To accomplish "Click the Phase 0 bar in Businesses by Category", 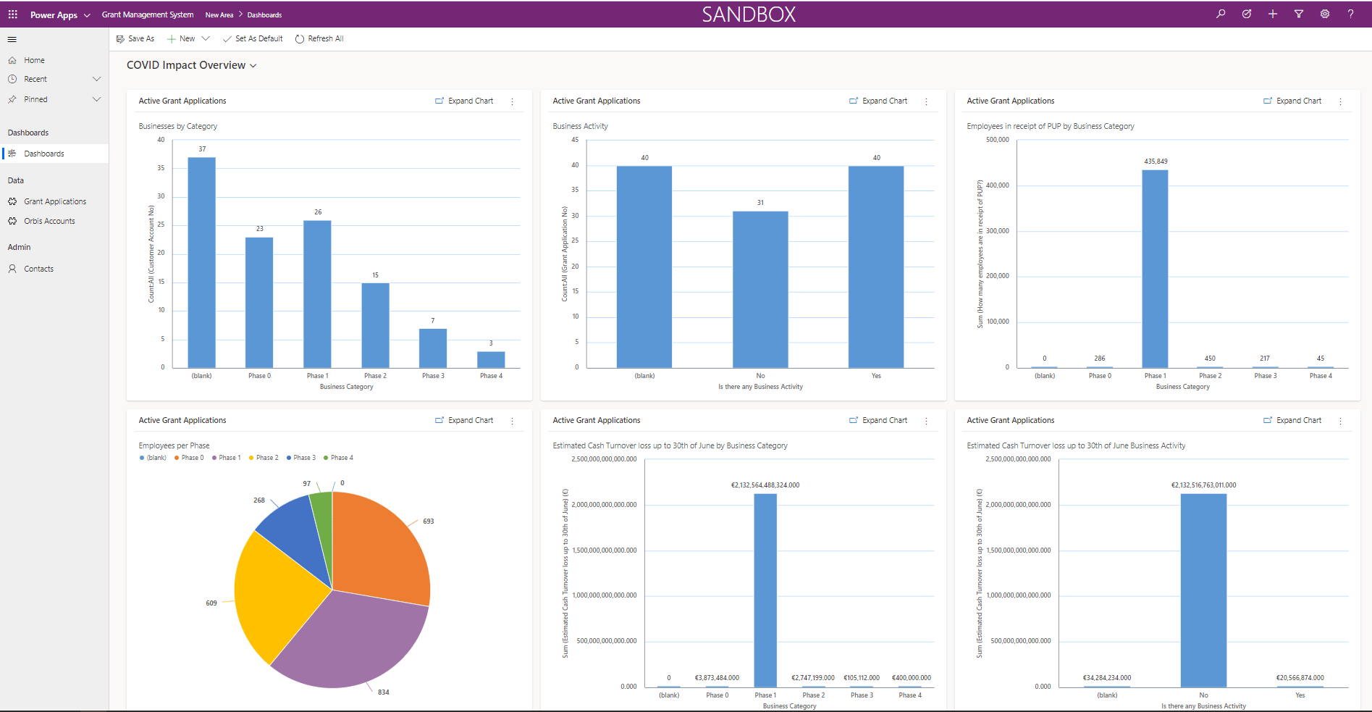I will [259, 302].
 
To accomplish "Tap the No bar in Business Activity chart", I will [760, 289].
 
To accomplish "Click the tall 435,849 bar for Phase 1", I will [1155, 269].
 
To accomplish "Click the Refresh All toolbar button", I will [319, 39].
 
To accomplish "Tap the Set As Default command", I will [253, 39].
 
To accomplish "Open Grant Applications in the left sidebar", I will [55, 201].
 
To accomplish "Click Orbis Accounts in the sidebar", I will [49, 221].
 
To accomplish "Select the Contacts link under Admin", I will [38, 269].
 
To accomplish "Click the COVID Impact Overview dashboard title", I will [186, 65].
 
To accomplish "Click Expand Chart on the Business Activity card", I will [878, 101].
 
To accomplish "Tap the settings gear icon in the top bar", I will [1324, 14].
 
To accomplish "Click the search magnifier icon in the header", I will [1221, 14].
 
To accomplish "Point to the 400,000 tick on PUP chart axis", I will [997, 185].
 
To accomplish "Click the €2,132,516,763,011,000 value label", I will [1203, 485].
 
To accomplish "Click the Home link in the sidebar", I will [34, 60].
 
